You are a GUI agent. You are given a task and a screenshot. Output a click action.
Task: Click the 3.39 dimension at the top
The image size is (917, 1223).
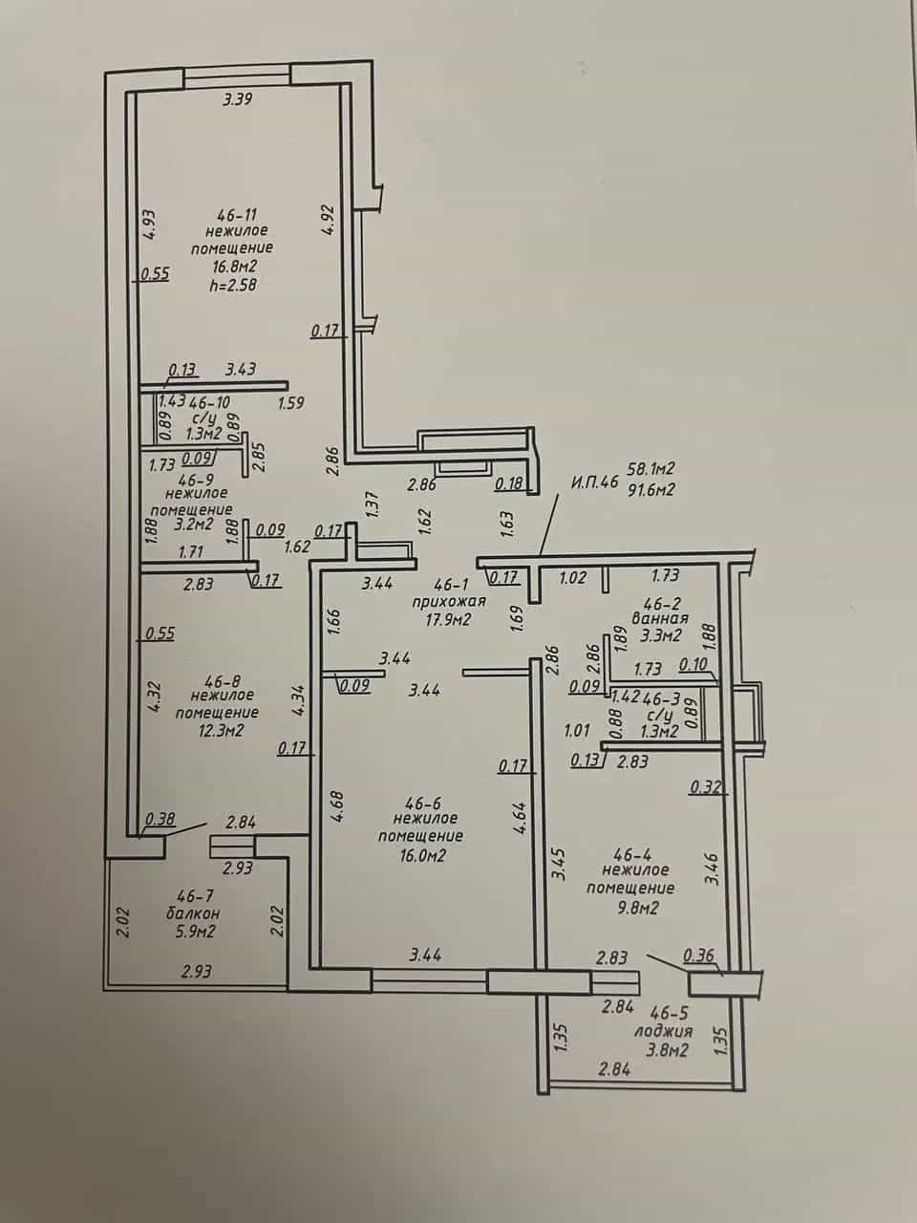coord(238,99)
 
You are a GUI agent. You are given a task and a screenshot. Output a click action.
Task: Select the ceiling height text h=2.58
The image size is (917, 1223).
coord(233,286)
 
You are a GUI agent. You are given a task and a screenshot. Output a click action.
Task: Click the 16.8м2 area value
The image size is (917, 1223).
coord(234,267)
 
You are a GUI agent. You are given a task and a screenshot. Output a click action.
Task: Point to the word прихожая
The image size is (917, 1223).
coord(449,601)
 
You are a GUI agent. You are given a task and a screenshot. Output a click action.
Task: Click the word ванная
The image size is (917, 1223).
coord(660,618)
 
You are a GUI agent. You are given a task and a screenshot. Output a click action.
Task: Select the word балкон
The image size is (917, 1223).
coord(193,913)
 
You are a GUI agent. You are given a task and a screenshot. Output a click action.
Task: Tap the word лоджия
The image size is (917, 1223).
coord(664,1031)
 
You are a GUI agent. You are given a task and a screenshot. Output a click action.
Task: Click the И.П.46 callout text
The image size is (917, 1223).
coord(595,482)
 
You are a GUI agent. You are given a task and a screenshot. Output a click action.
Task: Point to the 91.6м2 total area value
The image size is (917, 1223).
coord(652,489)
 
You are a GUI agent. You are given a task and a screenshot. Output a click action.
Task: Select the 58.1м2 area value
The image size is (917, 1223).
coord(652,468)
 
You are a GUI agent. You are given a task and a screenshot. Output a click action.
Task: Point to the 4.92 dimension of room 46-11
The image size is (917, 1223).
coord(329,222)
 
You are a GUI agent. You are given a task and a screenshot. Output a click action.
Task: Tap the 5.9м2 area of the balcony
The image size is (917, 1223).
coord(193,932)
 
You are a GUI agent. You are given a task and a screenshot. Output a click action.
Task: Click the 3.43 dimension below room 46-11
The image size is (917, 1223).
coord(240,369)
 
